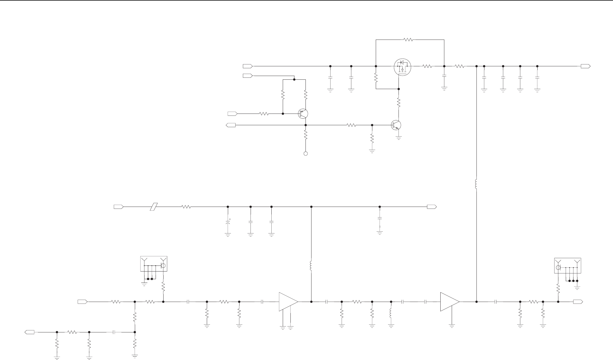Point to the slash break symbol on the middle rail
(154, 207)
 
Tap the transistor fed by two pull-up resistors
(303, 114)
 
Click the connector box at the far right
(567, 266)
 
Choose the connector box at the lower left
(154, 264)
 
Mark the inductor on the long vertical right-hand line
(476, 184)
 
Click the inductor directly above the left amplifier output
(311, 266)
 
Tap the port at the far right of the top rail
(585, 66)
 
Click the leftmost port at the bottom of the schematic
(30, 332)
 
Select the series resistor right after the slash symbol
(186, 207)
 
